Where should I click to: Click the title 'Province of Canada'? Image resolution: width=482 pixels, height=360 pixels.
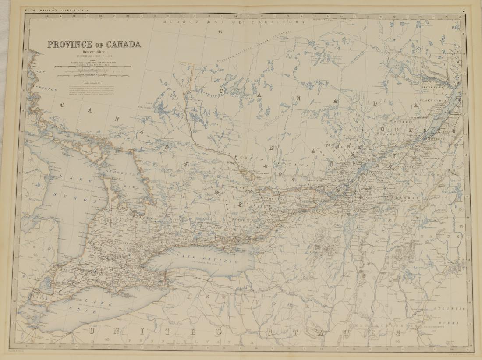point(94,44)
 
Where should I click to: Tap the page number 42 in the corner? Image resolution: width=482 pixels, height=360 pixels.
point(463,10)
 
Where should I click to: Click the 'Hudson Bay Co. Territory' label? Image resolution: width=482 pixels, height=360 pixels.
point(234,21)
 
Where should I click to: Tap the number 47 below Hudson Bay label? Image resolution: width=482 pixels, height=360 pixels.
point(220,32)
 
